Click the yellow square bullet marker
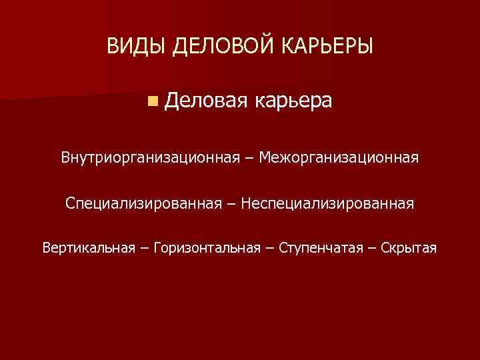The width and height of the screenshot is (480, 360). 153,101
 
